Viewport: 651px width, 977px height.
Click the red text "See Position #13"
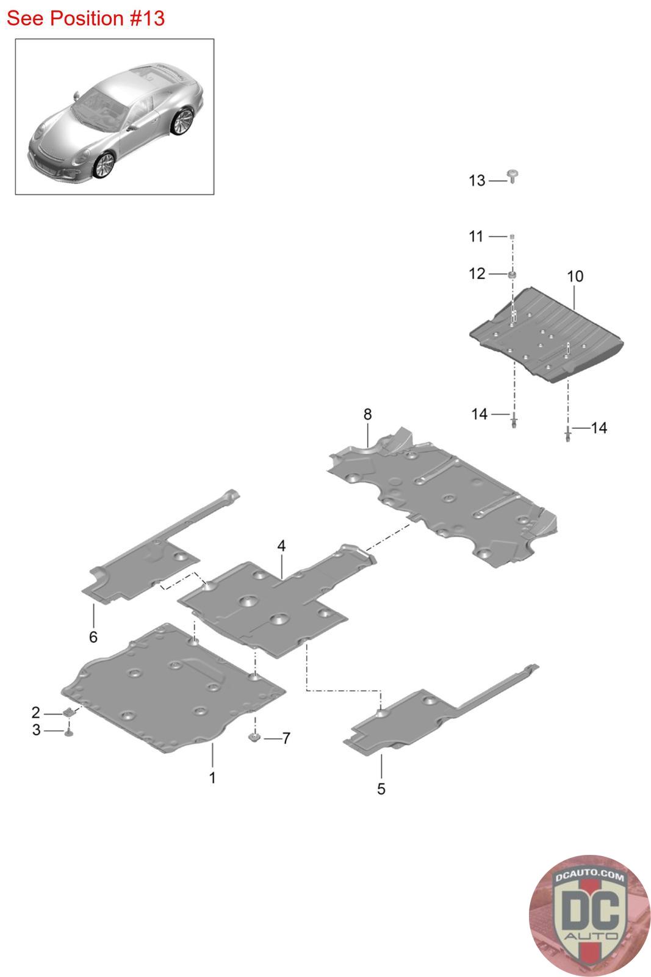click(x=85, y=18)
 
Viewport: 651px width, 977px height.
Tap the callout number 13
click(x=477, y=180)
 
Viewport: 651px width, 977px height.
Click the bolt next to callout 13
click(x=513, y=176)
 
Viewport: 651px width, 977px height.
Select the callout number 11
click(x=476, y=236)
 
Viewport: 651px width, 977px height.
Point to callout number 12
click(x=477, y=274)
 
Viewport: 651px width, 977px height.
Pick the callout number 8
click(x=367, y=414)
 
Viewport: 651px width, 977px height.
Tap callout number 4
click(x=281, y=546)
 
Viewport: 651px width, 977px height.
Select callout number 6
click(x=93, y=637)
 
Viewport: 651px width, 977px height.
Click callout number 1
click(x=212, y=778)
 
